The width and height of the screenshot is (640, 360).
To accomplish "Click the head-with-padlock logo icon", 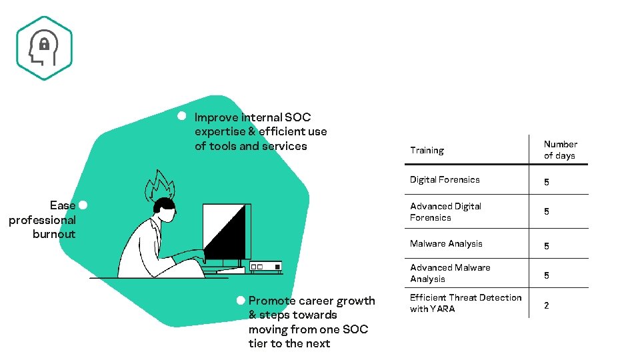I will [x=44, y=48].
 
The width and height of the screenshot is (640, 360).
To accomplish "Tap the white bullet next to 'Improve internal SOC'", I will [x=181, y=115].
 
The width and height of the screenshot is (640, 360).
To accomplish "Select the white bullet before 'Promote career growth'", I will [x=241, y=301].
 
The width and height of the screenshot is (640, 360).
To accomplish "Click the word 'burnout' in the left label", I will [x=54, y=234].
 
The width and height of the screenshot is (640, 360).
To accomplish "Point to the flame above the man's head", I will [x=160, y=185].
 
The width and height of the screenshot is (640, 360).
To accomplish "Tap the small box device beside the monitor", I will [x=265, y=267].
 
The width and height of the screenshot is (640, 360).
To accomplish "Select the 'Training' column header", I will [x=427, y=151].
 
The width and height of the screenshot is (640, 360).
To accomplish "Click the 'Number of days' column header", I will [x=559, y=150].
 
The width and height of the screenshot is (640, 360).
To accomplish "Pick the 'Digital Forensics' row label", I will [x=445, y=179].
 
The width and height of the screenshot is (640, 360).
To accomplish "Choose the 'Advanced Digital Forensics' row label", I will [x=445, y=212].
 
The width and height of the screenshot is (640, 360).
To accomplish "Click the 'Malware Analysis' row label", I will [x=446, y=244].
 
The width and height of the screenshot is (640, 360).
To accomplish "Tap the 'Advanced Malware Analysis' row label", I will [x=450, y=273].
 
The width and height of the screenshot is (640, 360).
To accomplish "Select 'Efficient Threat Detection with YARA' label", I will [x=465, y=303].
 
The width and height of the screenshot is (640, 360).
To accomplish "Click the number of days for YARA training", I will [x=547, y=305].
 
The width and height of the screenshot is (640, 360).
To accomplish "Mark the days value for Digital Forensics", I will [x=547, y=182].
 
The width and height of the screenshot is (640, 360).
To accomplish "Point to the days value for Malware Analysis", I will [x=547, y=246].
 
